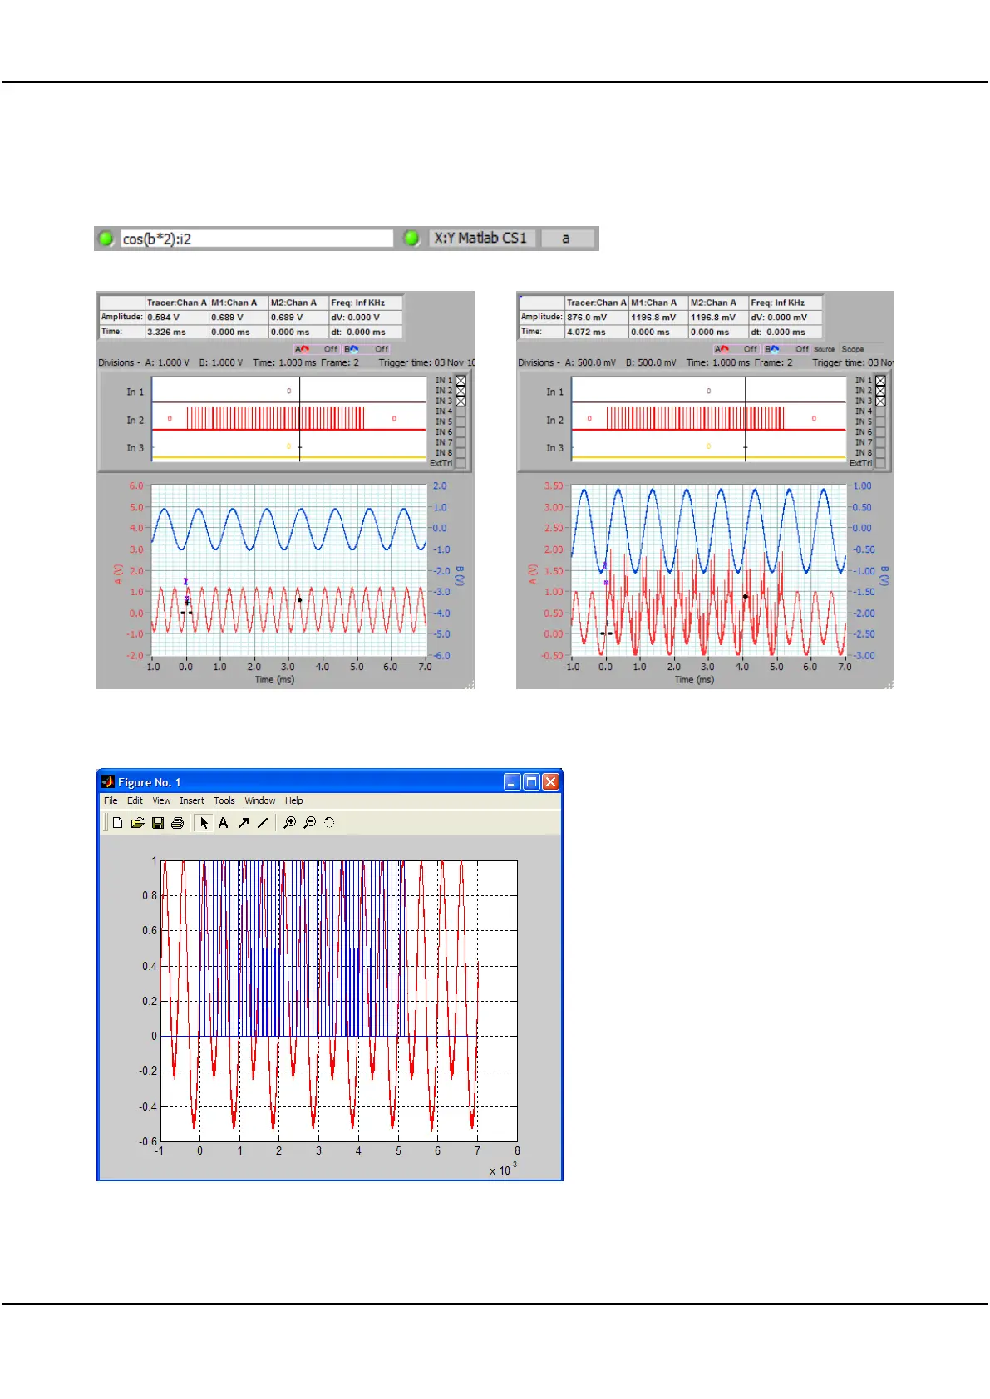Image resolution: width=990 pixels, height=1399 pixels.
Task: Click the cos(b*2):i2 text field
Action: pos(256,239)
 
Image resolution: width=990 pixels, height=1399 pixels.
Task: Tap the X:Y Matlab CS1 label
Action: pos(480,239)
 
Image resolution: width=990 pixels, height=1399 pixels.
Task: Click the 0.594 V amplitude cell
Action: pos(164,318)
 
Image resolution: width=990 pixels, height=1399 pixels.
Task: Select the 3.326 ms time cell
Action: pos(167,333)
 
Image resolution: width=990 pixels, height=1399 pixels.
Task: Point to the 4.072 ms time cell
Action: pos(587,333)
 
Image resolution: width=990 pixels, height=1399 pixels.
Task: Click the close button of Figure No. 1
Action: pos(550,782)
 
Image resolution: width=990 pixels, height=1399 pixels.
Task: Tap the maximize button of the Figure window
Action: pos(531,782)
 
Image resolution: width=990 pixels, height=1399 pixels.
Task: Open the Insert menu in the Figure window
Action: pos(192,801)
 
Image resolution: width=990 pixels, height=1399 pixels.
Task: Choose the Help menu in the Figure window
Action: pos(294,801)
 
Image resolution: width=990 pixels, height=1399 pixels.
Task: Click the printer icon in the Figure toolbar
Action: pos(177,823)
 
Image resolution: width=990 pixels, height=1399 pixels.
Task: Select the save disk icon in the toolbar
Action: pos(158,823)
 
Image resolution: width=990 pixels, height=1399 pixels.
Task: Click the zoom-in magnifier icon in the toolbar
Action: pos(289,823)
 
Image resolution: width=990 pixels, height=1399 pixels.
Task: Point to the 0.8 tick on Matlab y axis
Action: pos(150,896)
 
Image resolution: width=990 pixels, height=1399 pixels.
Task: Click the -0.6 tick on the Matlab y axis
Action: pos(148,1141)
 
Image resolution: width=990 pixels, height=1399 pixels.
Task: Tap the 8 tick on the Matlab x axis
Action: pos(517,1151)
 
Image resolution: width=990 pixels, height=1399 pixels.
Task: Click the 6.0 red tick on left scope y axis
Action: pos(136,486)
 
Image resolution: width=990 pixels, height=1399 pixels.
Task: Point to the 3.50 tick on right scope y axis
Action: pos(554,486)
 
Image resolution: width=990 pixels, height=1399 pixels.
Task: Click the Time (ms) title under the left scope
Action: pos(274,680)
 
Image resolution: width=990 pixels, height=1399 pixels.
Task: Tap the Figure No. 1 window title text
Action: pos(149,783)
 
